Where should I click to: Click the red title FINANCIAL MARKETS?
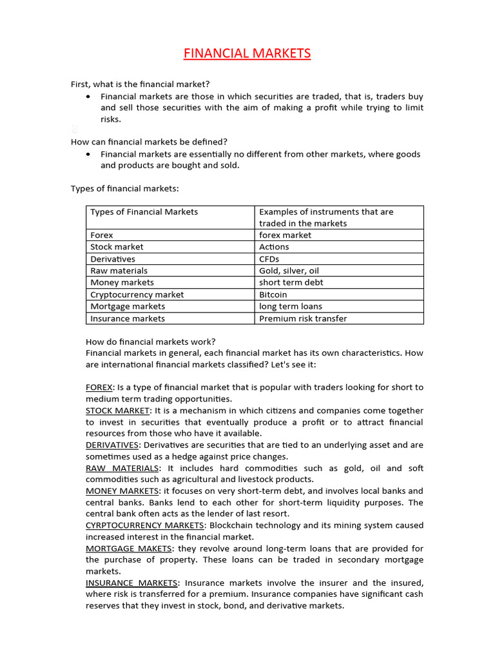[247, 53]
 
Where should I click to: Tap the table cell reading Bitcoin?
[273, 295]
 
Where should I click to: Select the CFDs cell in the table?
[269, 259]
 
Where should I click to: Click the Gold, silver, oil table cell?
[289, 271]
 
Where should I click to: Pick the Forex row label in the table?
[102, 235]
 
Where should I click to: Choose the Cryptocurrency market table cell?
[137, 295]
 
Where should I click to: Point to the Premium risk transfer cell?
[302, 318]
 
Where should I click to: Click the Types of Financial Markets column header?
[144, 212]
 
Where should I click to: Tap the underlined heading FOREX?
[99, 387]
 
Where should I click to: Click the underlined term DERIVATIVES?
[112, 445]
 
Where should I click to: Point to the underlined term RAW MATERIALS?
[122, 468]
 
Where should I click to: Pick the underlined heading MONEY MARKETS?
[122, 491]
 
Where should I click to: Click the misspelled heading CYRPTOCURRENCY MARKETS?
[145, 525]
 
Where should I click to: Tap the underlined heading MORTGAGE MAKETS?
[129, 548]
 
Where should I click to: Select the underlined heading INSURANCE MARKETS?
[131, 583]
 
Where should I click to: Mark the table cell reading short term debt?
[291, 282]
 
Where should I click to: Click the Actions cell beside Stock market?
[274, 247]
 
